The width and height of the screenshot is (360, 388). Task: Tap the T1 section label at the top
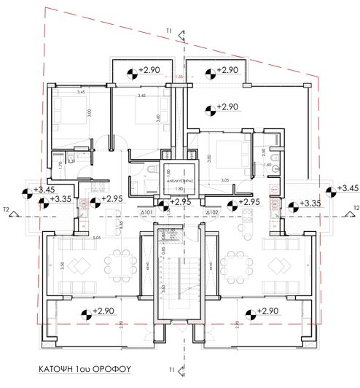coord(168,31)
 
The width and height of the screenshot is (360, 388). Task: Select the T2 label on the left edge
coord(6,209)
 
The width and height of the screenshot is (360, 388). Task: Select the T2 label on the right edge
coord(353,209)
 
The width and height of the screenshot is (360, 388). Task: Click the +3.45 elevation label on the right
coord(342,189)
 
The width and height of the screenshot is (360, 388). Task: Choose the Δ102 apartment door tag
coord(212,212)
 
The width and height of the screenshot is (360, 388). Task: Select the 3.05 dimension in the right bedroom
coord(226,179)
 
